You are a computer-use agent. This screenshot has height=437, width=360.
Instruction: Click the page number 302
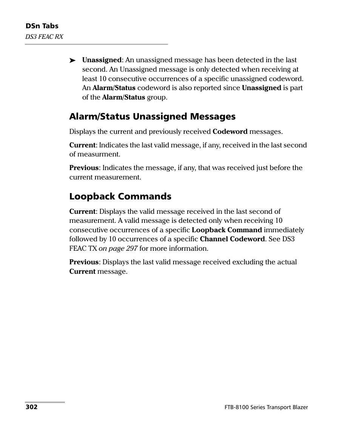coord(31,407)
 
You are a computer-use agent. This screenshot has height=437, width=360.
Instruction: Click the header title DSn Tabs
coord(42,26)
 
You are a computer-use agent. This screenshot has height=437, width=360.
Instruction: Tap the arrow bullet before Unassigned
coord(73,60)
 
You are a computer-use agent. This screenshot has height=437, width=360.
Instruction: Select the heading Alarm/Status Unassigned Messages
coord(152,117)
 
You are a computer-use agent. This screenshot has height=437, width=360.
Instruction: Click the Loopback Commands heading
coord(120,196)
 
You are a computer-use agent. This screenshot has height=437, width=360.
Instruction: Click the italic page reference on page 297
coord(118,248)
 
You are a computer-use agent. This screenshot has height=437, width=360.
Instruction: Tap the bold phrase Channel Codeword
coord(232,239)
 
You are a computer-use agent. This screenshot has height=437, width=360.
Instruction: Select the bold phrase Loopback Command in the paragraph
coord(226,230)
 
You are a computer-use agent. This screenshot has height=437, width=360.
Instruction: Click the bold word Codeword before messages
coord(230,132)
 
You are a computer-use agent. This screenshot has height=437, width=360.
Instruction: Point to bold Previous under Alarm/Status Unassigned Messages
coord(84,168)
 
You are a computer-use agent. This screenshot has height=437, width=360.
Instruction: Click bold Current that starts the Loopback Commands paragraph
coord(82,212)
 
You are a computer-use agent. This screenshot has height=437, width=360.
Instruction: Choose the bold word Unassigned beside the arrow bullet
coord(102,60)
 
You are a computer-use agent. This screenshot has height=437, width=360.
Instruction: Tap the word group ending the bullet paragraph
coord(157,97)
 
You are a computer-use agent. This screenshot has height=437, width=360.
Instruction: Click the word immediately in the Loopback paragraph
coord(284,230)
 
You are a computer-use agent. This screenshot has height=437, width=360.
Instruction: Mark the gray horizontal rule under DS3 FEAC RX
coord(96,44)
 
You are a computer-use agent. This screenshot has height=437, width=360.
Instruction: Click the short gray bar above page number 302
coord(45,402)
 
